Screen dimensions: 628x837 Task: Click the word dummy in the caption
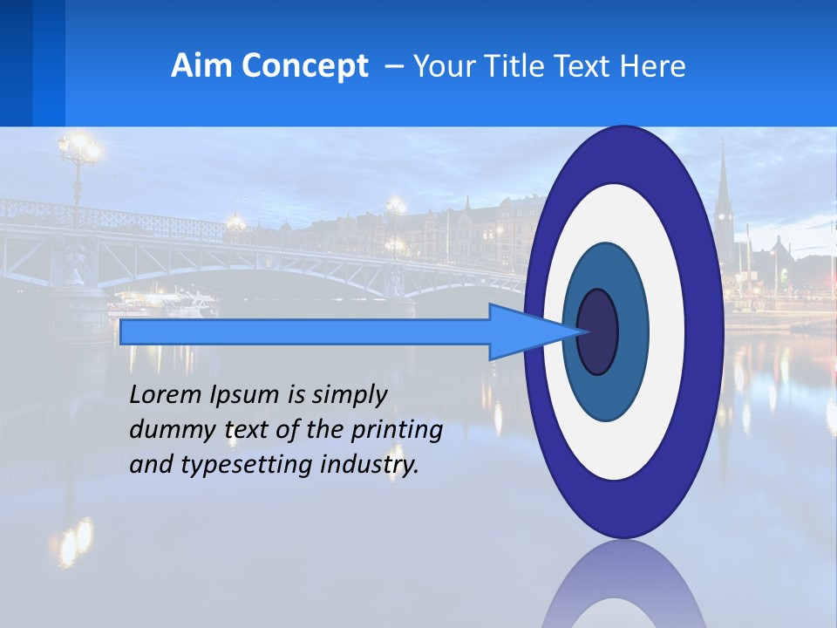click(x=169, y=430)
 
